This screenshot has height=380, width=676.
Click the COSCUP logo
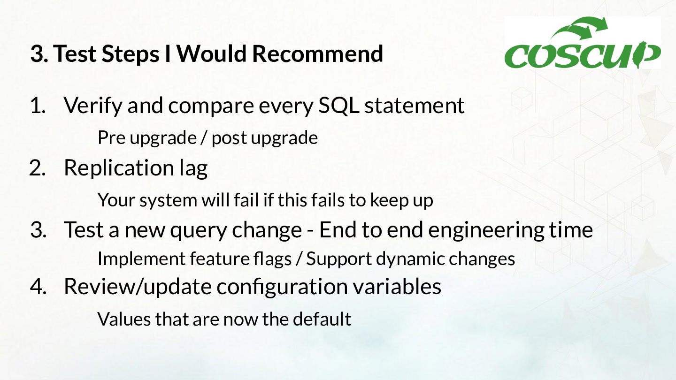(x=583, y=43)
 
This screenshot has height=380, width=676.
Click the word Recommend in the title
(x=317, y=53)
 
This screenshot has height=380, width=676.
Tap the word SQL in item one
(x=338, y=106)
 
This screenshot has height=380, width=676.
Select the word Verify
(x=93, y=106)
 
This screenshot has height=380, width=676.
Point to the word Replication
(x=119, y=167)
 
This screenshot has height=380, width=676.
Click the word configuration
(x=282, y=287)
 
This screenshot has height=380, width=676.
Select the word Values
(x=124, y=319)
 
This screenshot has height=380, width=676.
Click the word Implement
(x=141, y=259)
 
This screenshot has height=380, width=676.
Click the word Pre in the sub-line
(x=111, y=138)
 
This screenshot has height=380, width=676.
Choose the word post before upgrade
(x=229, y=138)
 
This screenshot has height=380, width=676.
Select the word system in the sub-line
(x=168, y=200)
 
